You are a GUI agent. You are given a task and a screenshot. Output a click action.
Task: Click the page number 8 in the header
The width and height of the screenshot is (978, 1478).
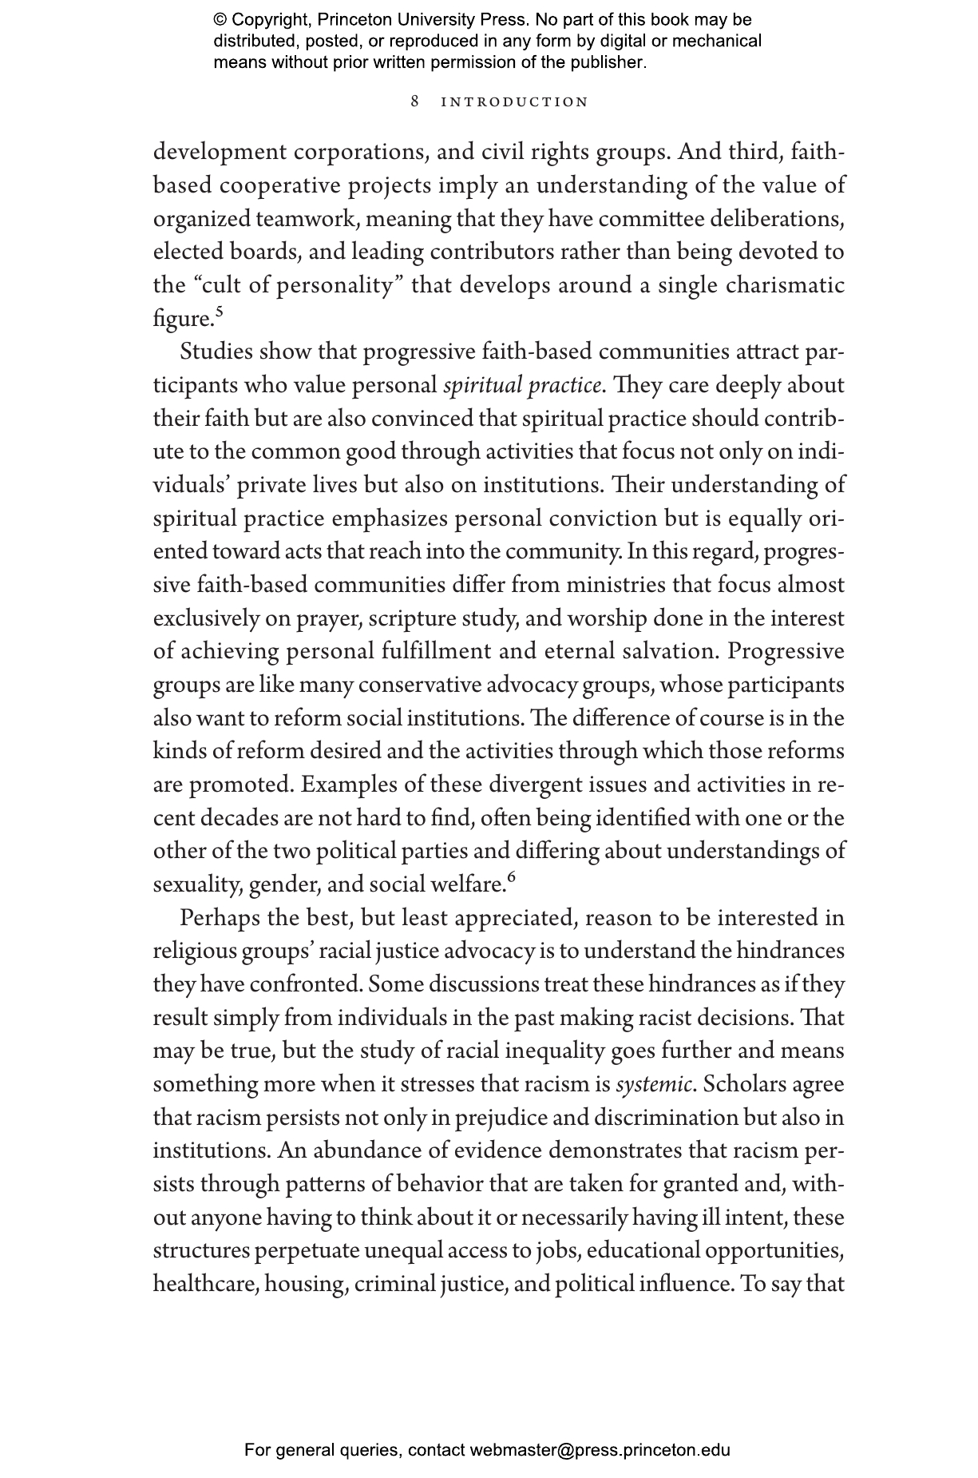415,101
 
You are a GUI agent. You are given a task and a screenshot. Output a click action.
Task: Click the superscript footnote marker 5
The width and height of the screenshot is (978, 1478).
219,312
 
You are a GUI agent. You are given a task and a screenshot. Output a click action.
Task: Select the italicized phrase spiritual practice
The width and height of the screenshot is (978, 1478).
521,386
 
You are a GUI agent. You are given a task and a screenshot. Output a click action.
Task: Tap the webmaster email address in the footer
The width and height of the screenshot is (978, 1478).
600,1450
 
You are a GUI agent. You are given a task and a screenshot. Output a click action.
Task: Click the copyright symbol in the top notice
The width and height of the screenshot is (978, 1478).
220,21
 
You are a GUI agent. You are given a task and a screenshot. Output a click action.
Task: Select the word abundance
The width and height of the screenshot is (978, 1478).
362,1151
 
